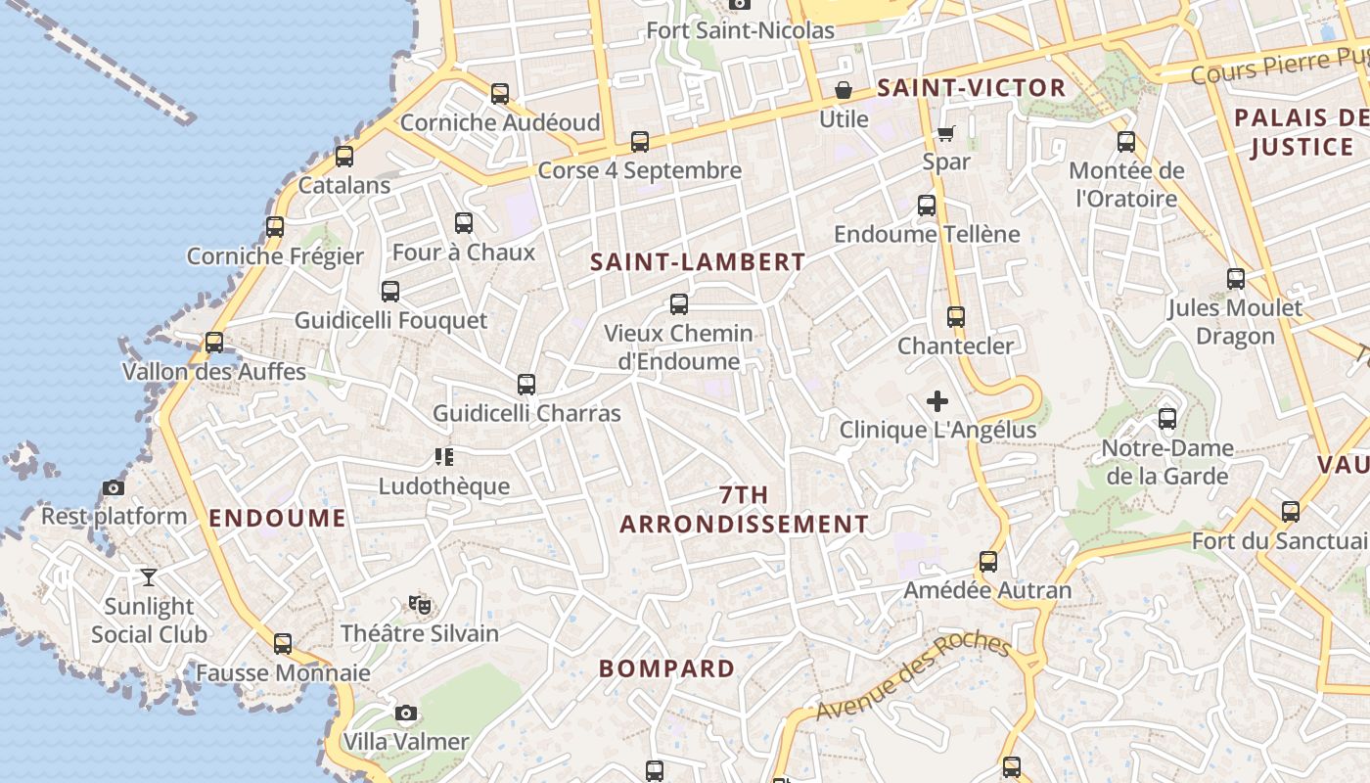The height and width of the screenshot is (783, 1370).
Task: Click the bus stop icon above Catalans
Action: pyautogui.click(x=344, y=157)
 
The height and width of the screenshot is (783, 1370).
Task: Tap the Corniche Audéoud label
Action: pyautogui.click(x=500, y=122)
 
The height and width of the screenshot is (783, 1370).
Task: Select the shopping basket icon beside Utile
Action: pyautogui.click(x=844, y=91)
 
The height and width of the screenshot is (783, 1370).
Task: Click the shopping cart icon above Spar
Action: pyautogui.click(x=945, y=133)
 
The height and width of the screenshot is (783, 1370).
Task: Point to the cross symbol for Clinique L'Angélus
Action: pyautogui.click(x=937, y=400)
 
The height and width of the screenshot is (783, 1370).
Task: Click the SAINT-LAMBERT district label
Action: pyautogui.click(x=698, y=262)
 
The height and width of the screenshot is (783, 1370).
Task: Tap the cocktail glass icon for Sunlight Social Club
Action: pyautogui.click(x=149, y=577)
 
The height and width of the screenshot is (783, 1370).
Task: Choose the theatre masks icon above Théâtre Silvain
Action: pyautogui.click(x=420, y=605)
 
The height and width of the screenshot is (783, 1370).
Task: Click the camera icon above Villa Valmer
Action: pyautogui.click(x=406, y=714)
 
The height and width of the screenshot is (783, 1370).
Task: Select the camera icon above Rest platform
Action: pyautogui.click(x=114, y=487)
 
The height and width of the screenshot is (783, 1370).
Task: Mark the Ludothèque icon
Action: pyautogui.click(x=444, y=457)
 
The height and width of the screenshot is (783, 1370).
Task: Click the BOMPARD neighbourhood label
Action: pyautogui.click(x=666, y=669)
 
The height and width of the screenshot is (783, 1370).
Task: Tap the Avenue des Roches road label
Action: pyautogui.click(x=912, y=677)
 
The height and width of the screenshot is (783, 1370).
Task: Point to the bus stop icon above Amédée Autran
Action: pyautogui.click(x=988, y=562)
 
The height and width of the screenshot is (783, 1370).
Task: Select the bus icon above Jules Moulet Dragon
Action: pyautogui.click(x=1236, y=279)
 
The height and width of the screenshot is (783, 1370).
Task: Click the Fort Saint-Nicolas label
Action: pyautogui.click(x=741, y=30)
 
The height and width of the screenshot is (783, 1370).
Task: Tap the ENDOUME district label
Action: pyautogui.click(x=277, y=519)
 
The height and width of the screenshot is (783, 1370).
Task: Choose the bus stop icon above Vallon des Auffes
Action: pyautogui.click(x=214, y=343)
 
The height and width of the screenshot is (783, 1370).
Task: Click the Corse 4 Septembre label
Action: pyautogui.click(x=640, y=170)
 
